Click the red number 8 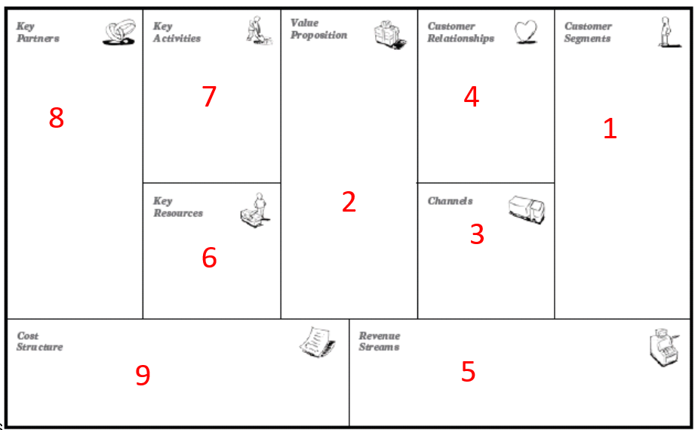(x=57, y=118)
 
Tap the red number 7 (x=209, y=96)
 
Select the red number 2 (x=349, y=202)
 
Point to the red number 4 (x=472, y=96)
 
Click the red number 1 (x=610, y=128)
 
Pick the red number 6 (x=209, y=258)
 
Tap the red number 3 (x=477, y=234)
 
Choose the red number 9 (x=143, y=375)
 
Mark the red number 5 (x=469, y=371)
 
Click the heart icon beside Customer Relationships (x=526, y=32)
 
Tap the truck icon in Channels (x=527, y=209)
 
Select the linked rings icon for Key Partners (x=119, y=32)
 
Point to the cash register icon (x=664, y=347)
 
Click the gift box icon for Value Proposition (x=390, y=34)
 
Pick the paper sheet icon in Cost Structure (x=318, y=342)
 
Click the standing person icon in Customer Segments (x=669, y=32)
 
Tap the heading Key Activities (x=177, y=32)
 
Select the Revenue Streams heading (x=380, y=342)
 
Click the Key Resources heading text (x=178, y=207)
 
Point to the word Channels (x=450, y=201)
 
